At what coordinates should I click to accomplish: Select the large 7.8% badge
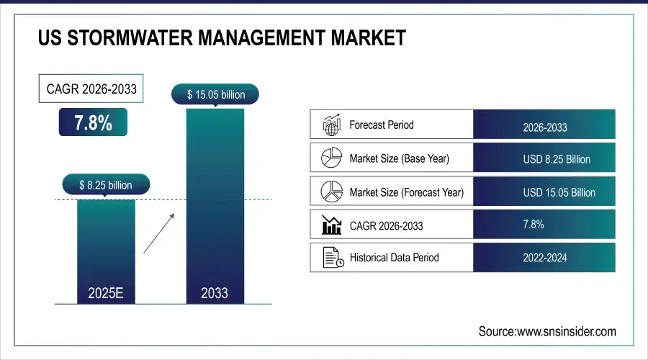93,122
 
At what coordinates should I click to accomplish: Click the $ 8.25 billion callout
106,185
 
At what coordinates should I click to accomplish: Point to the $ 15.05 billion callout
215,94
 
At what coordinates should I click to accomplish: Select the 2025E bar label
106,292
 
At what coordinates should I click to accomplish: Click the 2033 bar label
215,292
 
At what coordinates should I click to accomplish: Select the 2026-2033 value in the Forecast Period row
544,127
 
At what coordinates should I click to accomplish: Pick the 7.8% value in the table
534,225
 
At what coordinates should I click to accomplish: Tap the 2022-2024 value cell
544,257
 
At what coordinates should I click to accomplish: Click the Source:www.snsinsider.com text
547,331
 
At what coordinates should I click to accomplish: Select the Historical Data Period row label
394,257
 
